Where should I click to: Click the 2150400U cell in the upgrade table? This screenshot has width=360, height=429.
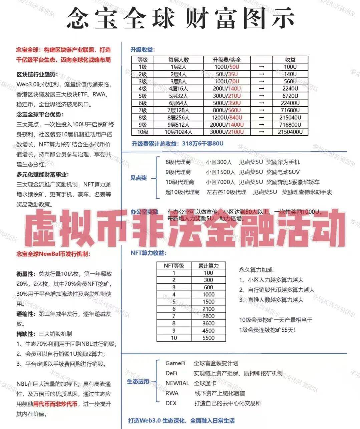[290, 132]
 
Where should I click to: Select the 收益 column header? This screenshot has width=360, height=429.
[290, 60]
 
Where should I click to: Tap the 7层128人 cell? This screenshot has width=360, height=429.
[178, 110]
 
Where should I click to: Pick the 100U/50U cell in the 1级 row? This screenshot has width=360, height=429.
[227, 67]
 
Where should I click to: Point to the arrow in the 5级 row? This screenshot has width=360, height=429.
[261, 96]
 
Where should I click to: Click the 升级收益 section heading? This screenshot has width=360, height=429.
[142, 50]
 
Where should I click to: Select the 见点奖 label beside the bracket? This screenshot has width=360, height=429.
[138, 178]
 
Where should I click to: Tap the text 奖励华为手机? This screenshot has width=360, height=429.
[283, 162]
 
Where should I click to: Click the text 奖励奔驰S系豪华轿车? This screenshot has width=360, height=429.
[293, 182]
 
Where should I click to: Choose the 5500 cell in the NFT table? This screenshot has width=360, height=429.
[208, 338]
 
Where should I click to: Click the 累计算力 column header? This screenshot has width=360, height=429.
[208, 266]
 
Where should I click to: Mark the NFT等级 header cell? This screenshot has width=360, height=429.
[174, 266]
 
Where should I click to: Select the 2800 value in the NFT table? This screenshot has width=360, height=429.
[208, 316]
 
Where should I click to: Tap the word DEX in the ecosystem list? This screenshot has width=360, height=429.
[171, 403]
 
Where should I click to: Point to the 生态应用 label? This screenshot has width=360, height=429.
[138, 381]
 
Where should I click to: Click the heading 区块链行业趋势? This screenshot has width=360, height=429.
[37, 74]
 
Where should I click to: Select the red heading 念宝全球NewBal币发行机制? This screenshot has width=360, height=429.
[53, 254]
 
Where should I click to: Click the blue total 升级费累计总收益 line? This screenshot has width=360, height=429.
[177, 144]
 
